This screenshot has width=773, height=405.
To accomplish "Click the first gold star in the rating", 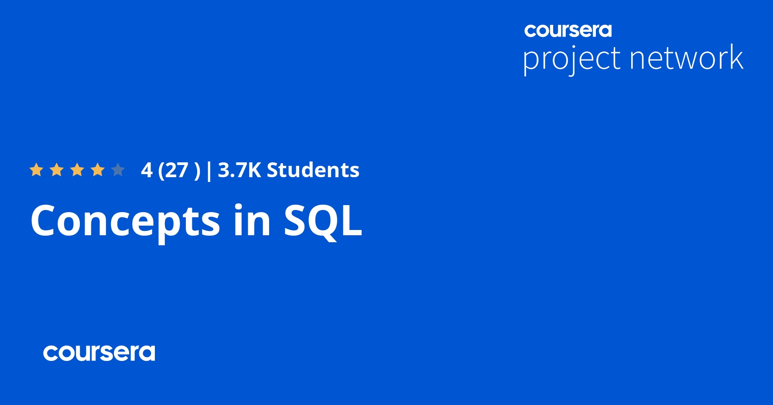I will [36, 170].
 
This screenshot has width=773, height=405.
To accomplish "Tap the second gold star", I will [57, 170].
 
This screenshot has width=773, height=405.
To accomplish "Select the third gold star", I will [77, 170].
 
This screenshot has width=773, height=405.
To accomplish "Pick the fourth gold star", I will [98, 170].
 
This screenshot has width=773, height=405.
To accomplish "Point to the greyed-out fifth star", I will [118, 170].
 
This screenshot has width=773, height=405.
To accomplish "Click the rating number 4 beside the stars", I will [147, 170].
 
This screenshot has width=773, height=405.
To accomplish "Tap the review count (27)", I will [179, 170].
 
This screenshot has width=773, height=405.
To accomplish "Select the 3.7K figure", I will [239, 170].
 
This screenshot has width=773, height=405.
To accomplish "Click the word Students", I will [313, 170].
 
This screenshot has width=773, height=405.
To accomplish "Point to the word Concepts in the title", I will [125, 221].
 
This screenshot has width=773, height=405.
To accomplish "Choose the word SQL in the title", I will [323, 221].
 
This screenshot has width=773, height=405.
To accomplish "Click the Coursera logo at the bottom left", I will [99, 353].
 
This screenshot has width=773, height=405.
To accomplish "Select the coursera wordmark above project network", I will [568, 31].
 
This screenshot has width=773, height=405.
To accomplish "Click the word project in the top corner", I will [571, 59].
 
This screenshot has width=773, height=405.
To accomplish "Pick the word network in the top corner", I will [686, 58].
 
